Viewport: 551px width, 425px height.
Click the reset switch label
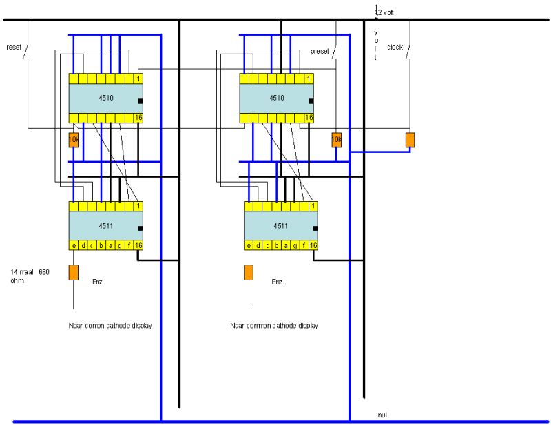14,47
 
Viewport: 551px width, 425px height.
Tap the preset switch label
320,52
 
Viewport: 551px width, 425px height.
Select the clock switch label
395,48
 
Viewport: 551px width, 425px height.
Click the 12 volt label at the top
384,12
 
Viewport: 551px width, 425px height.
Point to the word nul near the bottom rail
383,415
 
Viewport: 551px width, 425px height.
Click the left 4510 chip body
105,99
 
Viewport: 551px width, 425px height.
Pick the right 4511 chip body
281,225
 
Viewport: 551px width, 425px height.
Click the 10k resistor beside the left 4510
73,140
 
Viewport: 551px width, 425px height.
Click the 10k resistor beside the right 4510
336,140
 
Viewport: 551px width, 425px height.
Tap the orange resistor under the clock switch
410,140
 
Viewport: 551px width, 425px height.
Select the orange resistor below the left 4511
73,271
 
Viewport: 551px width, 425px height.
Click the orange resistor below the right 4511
249,271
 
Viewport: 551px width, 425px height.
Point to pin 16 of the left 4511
138,246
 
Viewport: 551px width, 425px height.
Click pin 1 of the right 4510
310,79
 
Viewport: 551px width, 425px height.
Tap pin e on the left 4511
73,246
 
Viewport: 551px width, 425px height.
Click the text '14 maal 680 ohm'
30,276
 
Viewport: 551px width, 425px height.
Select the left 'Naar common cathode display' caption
110,325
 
